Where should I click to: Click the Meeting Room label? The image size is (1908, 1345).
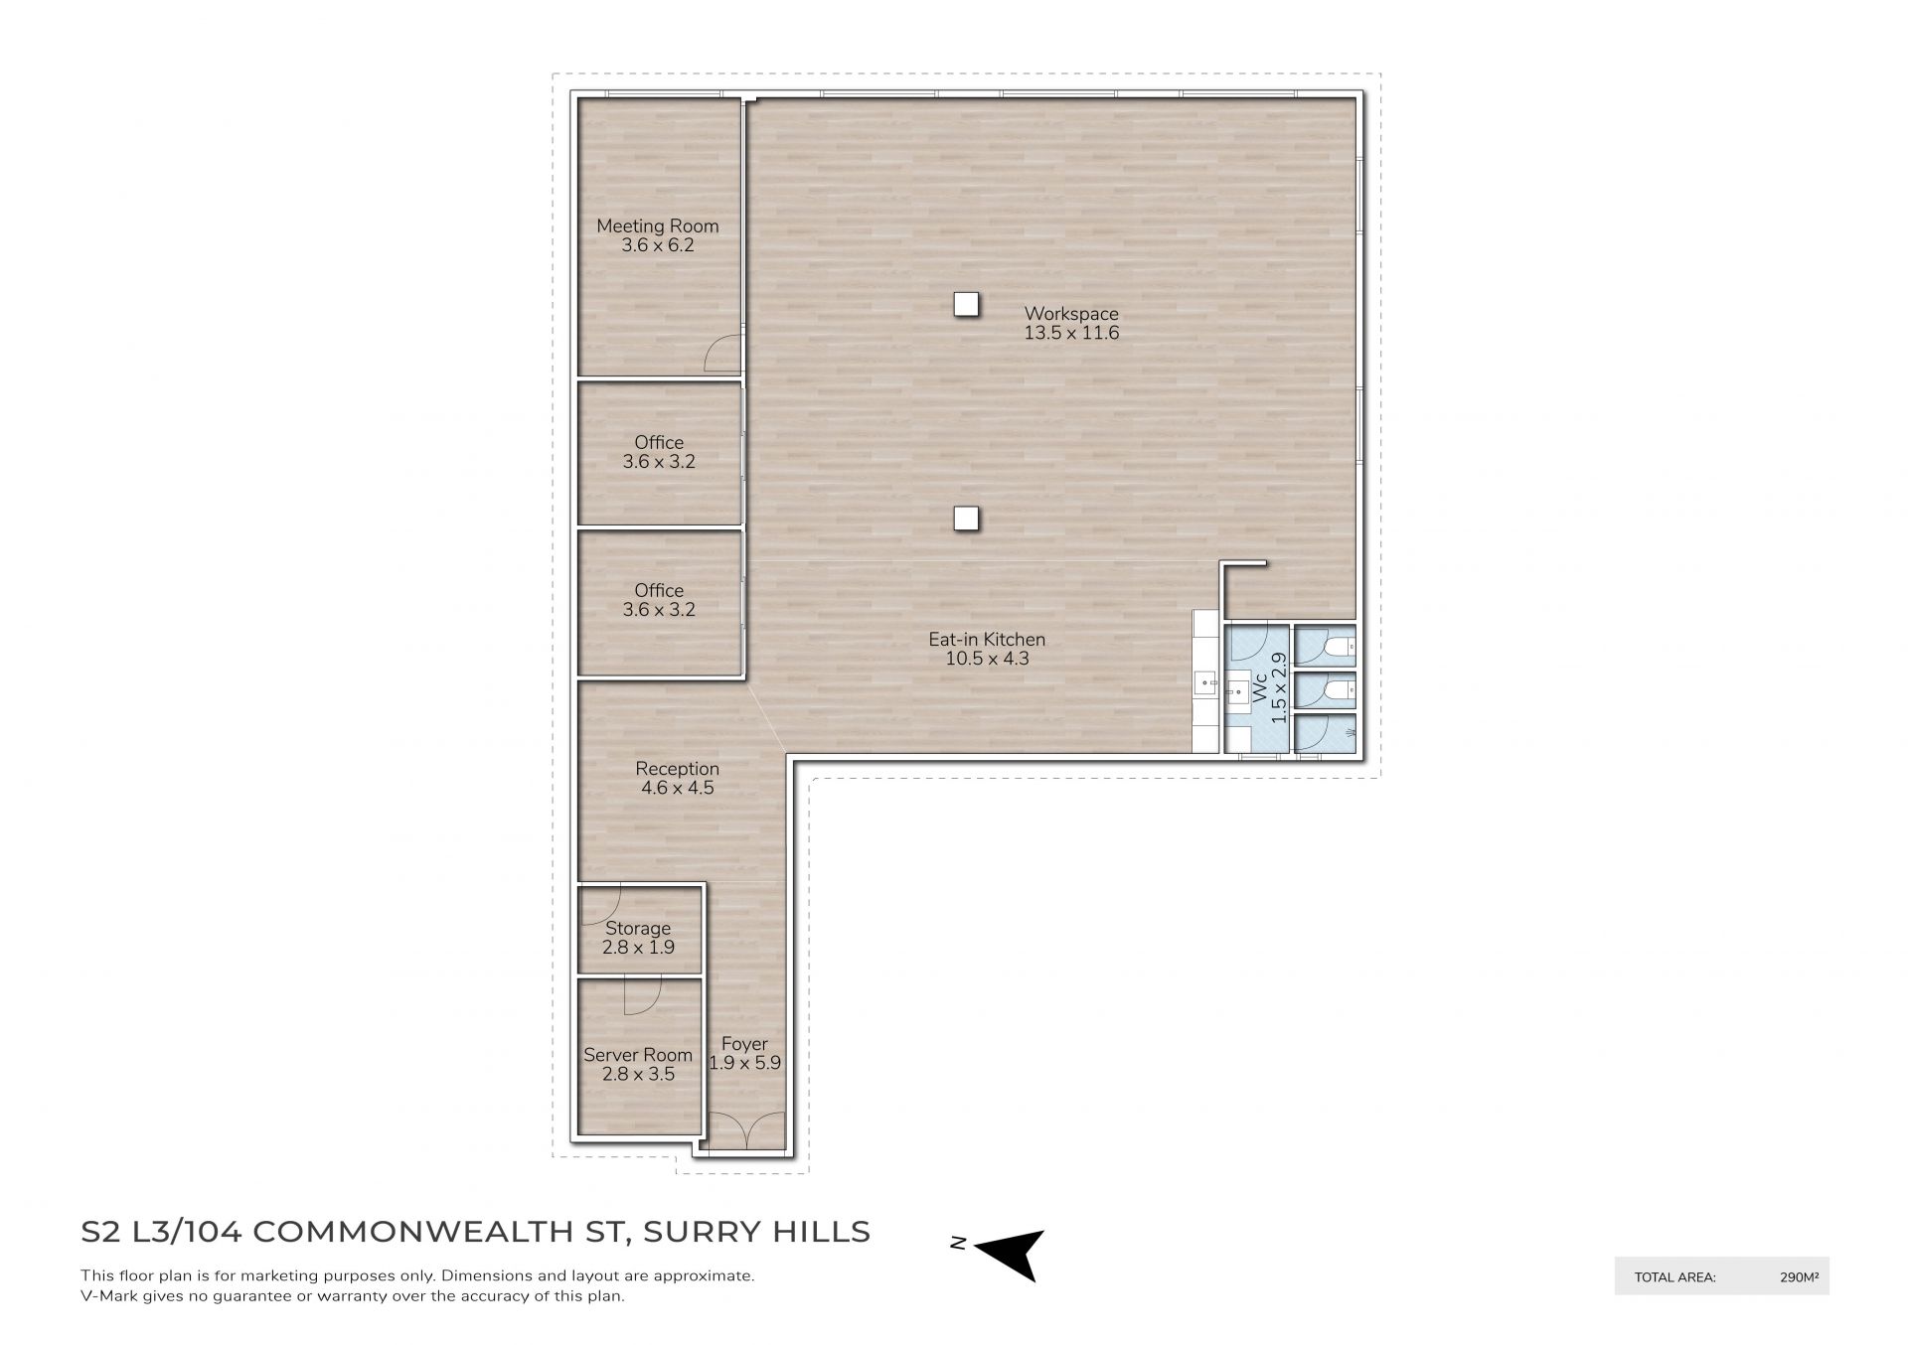click(657, 225)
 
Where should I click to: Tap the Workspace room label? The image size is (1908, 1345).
click(1071, 314)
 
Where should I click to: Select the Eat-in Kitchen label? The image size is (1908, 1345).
click(987, 640)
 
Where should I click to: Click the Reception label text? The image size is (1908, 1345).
click(677, 769)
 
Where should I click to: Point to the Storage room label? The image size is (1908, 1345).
click(638, 929)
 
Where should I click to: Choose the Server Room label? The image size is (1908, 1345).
click(638, 1055)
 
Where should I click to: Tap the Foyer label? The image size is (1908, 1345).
click(744, 1044)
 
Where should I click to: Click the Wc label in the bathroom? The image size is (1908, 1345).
click(1260, 690)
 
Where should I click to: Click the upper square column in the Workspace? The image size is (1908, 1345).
click(966, 304)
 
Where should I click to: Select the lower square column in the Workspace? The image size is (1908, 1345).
click(966, 518)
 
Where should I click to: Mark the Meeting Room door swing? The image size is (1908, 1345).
click(723, 354)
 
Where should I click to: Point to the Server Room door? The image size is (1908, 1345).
click(642, 996)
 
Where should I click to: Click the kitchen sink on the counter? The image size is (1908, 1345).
click(1205, 681)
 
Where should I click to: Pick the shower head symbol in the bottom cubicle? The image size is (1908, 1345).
click(1348, 733)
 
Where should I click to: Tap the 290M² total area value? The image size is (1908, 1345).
click(1800, 1277)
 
